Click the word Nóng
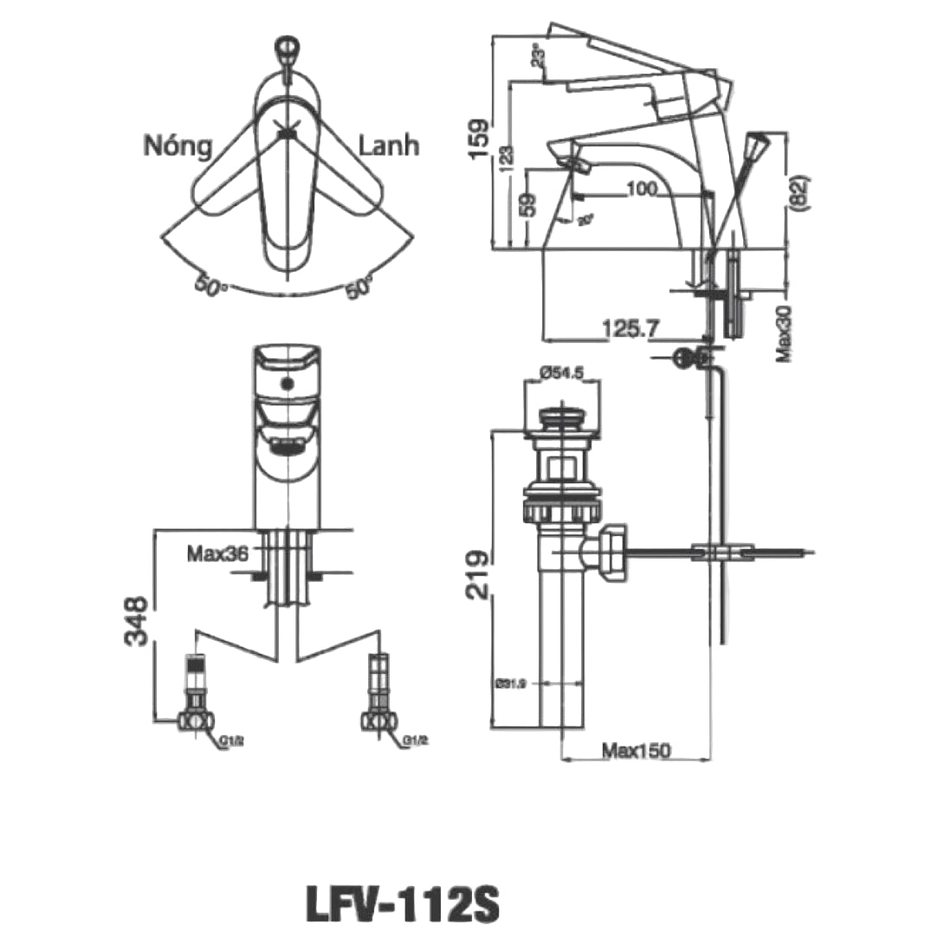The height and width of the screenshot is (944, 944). pyautogui.click(x=177, y=145)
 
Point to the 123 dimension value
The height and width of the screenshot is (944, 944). pyautogui.click(x=504, y=157)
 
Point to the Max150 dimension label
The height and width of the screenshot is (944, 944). pyautogui.click(x=637, y=750)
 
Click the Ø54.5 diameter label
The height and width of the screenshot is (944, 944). pyautogui.click(x=563, y=372)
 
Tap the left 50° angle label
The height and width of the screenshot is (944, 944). pyautogui.click(x=208, y=286)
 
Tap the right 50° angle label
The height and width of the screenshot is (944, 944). pyautogui.click(x=358, y=288)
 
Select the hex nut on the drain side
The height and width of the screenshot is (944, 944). pyautogui.click(x=611, y=552)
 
